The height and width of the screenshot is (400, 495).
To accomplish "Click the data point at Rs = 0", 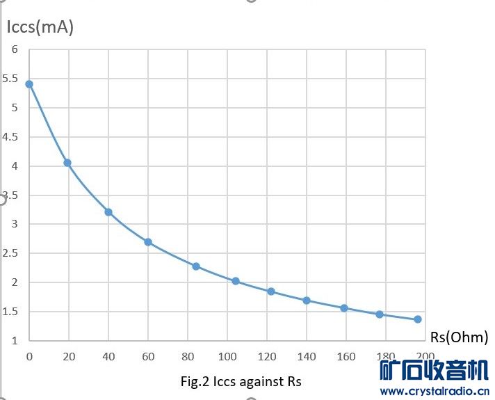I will pos(29,84).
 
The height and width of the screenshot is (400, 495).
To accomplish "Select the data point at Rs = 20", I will pos(67,163).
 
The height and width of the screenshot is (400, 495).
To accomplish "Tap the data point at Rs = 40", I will pos(108,212).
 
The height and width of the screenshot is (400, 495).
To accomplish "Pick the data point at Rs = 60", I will pos(148,242).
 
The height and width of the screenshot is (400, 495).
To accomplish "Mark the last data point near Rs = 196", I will pos(418,319).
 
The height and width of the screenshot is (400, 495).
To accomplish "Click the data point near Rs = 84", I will pos(196,266).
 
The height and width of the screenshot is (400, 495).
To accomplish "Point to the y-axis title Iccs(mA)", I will pos(40,28).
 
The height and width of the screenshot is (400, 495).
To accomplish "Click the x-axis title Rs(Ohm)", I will pos(459,337).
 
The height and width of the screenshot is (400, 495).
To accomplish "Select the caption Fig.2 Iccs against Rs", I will pos(241,381).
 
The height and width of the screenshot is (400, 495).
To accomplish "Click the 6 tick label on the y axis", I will pos(14,49).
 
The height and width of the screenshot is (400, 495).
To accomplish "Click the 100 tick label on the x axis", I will pos(227,357).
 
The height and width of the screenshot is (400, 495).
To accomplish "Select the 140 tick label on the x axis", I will pos(307,357).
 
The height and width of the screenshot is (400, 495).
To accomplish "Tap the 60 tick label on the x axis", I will pos(148,357).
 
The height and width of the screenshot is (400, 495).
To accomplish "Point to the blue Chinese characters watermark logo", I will pos(434,370).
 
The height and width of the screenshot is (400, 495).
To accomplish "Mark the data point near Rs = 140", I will pos(307,301).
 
